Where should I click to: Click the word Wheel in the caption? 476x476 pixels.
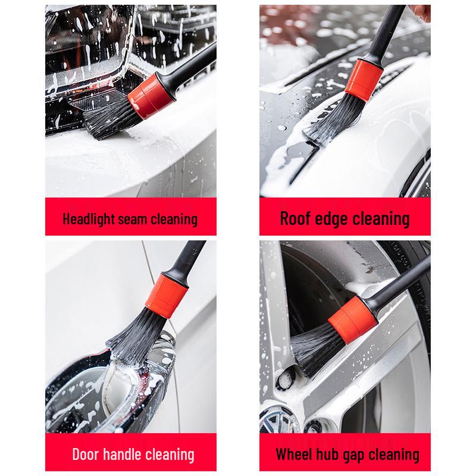(x=293, y=455)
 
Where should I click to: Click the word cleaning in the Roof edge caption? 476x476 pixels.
(x=381, y=218)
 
